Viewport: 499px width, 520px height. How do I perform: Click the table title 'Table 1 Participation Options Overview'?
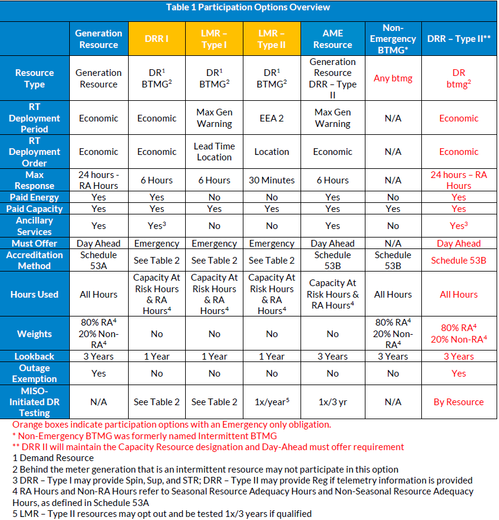point(248,7)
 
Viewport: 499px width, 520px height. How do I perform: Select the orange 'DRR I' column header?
point(157,39)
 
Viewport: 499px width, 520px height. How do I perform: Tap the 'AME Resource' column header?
point(333,39)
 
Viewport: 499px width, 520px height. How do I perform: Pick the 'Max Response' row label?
point(35,180)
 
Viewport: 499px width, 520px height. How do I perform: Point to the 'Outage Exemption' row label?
point(35,374)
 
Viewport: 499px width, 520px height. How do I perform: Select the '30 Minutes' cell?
point(272,180)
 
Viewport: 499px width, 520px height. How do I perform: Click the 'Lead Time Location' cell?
point(214,151)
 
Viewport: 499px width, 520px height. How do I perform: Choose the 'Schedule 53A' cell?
point(99,260)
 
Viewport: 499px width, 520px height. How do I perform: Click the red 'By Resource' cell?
point(458,402)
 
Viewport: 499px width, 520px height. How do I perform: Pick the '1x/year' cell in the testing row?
point(272,402)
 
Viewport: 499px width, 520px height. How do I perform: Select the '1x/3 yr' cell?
point(333,402)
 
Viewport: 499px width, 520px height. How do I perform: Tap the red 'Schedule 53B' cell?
point(458,260)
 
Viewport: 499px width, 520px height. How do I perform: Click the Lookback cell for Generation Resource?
point(99,356)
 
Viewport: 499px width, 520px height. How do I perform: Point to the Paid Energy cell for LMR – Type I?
point(214,197)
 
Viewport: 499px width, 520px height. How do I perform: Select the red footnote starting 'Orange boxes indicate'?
point(171,425)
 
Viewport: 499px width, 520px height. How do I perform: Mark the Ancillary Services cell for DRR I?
point(157,225)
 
